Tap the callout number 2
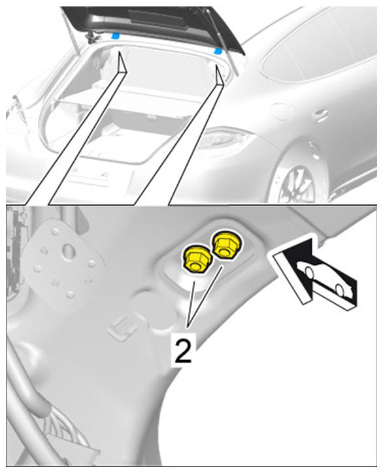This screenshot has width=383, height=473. point(183,350)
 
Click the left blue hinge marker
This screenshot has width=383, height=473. point(115,37)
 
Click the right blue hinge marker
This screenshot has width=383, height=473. point(218,51)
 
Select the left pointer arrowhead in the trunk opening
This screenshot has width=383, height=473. point(122,63)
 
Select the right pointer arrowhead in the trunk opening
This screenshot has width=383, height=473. point(220,75)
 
